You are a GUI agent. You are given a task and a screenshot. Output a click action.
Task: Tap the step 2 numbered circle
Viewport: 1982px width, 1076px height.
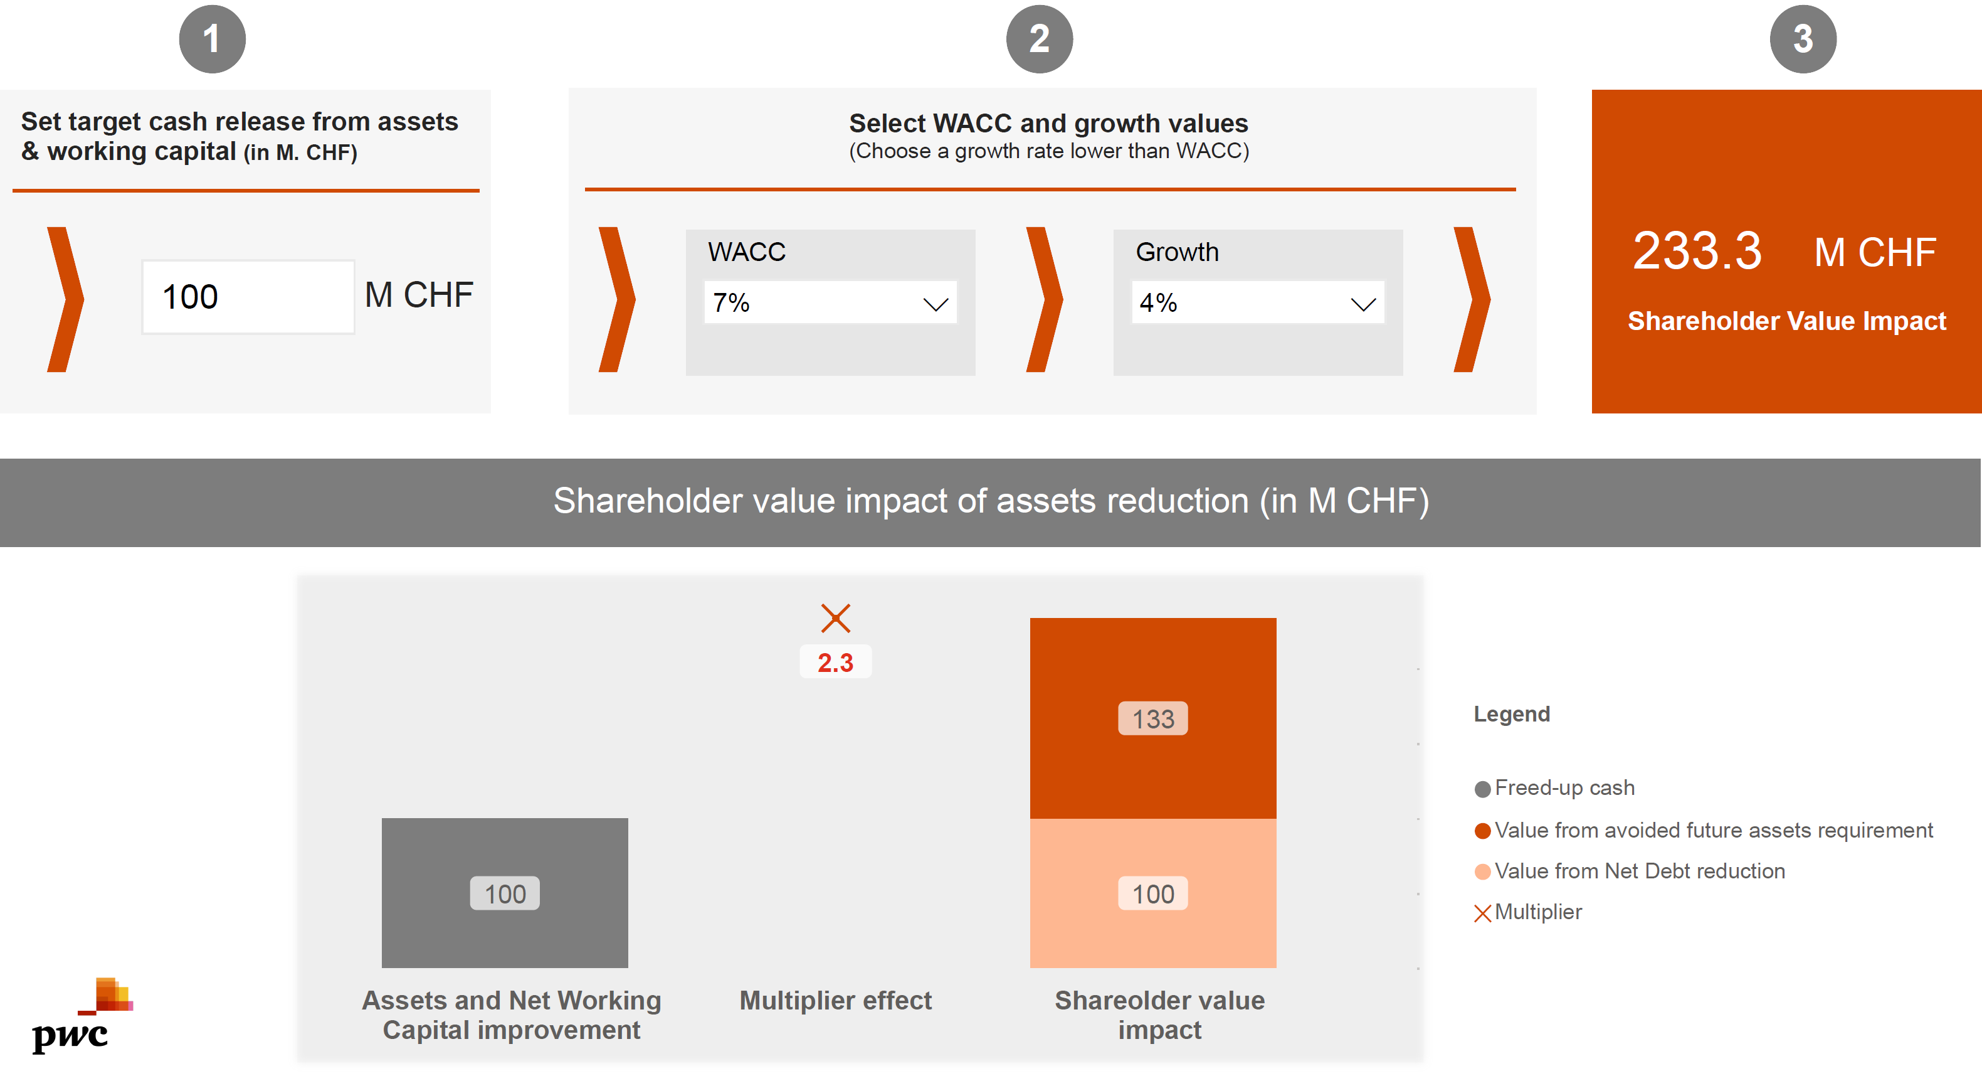click(1039, 40)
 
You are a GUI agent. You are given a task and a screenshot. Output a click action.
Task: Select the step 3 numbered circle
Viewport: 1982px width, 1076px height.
click(1802, 40)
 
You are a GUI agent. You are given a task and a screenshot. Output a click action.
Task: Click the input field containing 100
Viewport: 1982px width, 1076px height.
click(248, 297)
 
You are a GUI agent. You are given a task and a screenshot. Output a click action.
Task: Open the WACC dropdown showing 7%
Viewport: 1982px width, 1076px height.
click(830, 302)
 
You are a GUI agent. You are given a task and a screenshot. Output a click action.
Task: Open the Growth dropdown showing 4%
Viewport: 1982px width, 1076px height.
click(1257, 302)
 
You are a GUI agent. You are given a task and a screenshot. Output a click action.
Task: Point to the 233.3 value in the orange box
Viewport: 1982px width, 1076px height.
click(1697, 251)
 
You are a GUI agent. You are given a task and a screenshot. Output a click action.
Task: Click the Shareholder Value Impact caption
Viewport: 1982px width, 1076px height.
click(1786, 321)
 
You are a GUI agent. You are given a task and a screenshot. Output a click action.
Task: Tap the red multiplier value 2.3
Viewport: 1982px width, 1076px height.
click(835, 663)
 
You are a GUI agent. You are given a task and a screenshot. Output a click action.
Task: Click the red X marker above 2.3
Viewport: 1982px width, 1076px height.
click(835, 618)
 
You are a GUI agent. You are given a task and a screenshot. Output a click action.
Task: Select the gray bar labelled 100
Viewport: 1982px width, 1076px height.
click(505, 893)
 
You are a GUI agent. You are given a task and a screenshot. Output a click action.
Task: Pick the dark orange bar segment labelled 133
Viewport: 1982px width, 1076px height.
click(1152, 718)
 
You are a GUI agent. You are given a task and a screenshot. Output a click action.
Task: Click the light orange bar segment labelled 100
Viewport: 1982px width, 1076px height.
click(1152, 893)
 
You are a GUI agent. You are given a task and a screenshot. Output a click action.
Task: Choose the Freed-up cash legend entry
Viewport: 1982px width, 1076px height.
click(1563, 788)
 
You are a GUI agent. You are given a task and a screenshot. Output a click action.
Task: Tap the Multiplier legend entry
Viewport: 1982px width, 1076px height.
click(1537, 912)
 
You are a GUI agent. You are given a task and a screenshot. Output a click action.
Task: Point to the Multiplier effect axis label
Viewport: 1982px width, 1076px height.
click(835, 1001)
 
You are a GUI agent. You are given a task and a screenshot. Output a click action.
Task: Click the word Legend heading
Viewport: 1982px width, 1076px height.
click(1511, 714)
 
